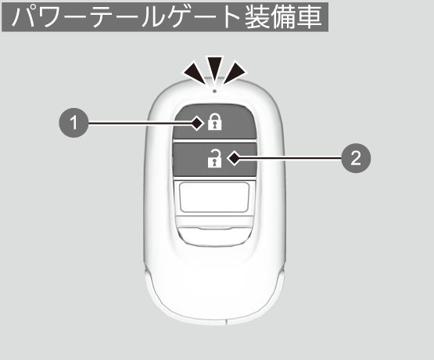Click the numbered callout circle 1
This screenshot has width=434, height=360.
(74, 123)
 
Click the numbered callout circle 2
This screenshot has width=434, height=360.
(356, 158)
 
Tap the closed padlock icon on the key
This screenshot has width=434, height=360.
(215, 121)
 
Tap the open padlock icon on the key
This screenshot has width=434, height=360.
(215, 158)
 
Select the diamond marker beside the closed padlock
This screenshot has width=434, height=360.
(197, 123)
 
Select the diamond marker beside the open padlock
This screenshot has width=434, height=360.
(234, 158)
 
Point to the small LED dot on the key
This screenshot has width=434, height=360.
(214, 91)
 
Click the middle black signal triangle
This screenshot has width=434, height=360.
(215, 69)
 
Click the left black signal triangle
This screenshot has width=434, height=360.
(195, 73)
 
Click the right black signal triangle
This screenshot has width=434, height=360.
(234, 73)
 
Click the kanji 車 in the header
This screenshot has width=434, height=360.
(310, 17)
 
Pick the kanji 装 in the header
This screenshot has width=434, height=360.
(257, 17)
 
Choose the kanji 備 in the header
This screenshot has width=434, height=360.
(284, 17)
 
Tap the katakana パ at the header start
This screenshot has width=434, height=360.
(23, 17)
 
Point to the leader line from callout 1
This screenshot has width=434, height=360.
(140, 123)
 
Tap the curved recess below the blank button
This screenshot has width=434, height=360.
(214, 236)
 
